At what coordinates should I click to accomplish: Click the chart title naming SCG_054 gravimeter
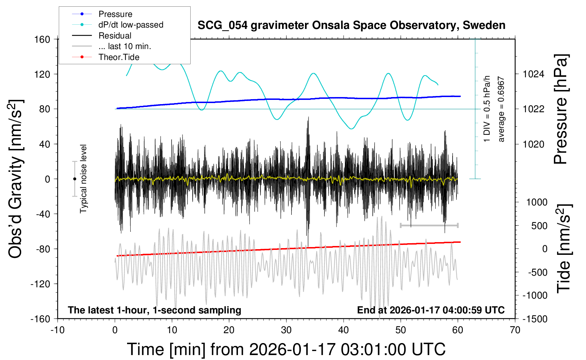351,25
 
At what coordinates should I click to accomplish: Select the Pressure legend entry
115,14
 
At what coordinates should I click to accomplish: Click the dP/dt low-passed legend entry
131,25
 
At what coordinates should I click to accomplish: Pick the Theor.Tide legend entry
119,57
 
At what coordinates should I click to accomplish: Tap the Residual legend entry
115,36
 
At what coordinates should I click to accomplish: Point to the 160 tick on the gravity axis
42,39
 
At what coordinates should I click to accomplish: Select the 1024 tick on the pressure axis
533,74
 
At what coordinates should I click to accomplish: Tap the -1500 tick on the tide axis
535,319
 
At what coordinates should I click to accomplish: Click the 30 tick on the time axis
286,330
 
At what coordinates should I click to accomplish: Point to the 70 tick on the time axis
515,330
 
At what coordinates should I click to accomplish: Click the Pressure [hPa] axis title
561,109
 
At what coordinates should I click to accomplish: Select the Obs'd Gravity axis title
16,179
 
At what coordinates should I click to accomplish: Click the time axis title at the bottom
286,349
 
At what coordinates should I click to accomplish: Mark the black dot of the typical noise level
74,179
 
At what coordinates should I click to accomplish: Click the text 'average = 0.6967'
501,109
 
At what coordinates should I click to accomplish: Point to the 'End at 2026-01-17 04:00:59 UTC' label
431,310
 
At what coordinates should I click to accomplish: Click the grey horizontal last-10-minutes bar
429,225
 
